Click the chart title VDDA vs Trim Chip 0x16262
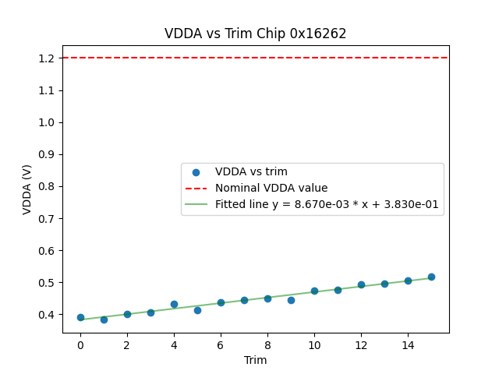(x=255, y=34)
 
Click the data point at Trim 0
(x=80, y=317)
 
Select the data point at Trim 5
(x=197, y=310)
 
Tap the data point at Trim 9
(x=291, y=300)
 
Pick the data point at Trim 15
(x=431, y=277)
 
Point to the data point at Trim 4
(x=174, y=304)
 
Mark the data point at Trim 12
(x=361, y=284)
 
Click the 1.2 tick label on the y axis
(x=47, y=58)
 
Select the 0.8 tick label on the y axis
(x=47, y=186)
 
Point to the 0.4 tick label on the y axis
(x=47, y=315)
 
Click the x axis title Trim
(x=255, y=360)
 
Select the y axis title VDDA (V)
(x=27, y=189)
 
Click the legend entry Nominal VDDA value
(x=271, y=188)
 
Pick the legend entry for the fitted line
(x=327, y=205)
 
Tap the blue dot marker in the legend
(x=196, y=171)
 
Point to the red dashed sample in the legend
(x=196, y=188)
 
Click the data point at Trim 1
(x=104, y=319)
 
